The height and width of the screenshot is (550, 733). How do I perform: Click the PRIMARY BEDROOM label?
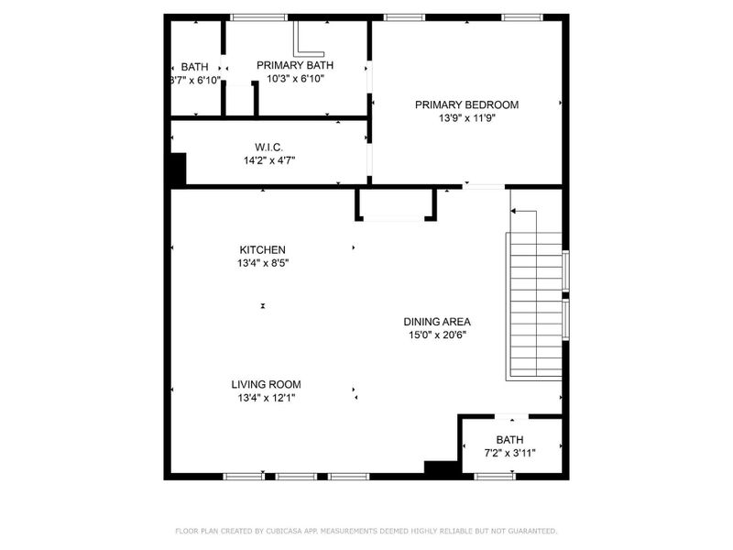pos(466,104)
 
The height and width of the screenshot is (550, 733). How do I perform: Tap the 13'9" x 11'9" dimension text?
pos(466,117)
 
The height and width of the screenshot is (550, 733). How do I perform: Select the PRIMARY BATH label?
pos(295,65)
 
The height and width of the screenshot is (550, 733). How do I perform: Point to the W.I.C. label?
pos(268,147)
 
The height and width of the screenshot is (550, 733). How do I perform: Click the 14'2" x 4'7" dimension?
pos(268,159)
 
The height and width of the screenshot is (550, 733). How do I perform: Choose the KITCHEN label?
pos(263,249)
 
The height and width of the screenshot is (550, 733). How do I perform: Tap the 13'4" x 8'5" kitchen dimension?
pos(263,263)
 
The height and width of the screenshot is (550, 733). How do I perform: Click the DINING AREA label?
pos(437,322)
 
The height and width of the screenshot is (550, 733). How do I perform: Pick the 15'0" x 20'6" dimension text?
pos(437,335)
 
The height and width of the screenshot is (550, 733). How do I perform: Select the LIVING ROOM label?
pos(266,384)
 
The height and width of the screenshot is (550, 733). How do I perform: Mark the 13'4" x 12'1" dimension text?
pos(266,398)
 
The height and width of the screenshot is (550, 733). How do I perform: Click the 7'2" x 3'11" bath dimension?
pos(510,453)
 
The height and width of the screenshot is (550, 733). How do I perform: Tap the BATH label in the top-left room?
pos(194,67)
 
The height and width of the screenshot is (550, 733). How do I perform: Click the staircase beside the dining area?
pos(535,307)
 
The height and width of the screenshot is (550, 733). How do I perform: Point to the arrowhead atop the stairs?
pos(513,212)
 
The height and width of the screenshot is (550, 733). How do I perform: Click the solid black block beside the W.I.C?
pos(178,170)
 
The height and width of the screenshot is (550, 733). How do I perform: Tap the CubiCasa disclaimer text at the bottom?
pos(366,531)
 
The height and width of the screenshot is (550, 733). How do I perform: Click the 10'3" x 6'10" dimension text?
pos(295,79)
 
